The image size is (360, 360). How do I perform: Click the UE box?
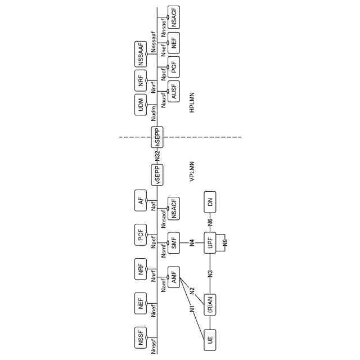tap(210, 339)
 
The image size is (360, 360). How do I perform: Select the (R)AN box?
tap(210, 304)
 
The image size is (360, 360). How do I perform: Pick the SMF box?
tap(174, 243)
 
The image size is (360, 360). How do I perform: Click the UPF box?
tap(210, 243)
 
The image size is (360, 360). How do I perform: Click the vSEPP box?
tap(157, 174)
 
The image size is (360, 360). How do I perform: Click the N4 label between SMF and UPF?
tap(192, 243)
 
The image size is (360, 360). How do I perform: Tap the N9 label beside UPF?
tap(226, 243)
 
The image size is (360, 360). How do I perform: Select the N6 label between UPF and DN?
tap(210, 223)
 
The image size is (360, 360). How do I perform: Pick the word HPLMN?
tap(192, 103)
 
